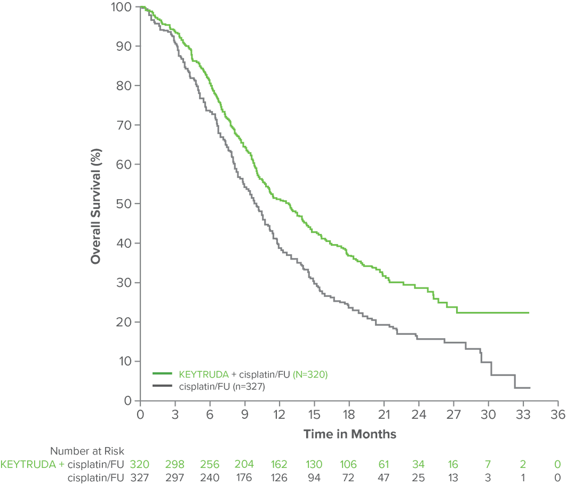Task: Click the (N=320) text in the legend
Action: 311,374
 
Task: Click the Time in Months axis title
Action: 350,434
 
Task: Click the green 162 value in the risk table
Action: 280,464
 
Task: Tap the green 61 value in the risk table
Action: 384,464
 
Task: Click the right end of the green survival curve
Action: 528,312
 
